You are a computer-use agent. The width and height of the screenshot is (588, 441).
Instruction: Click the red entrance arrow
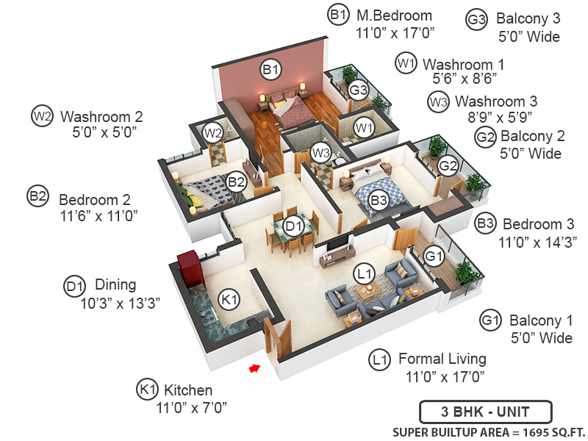coord(254,367)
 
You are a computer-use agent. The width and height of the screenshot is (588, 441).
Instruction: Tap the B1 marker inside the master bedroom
coord(271,70)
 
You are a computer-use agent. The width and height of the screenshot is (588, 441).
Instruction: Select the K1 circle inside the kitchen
coord(230,299)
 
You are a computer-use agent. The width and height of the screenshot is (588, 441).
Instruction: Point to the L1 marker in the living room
coord(364,274)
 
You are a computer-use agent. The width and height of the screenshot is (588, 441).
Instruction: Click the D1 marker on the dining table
coord(294,226)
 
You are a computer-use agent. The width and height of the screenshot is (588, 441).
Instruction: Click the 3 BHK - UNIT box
coord(484,412)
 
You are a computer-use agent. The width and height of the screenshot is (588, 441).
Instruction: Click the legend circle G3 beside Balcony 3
coord(476,20)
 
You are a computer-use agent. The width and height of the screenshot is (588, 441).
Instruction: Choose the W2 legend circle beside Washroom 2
coord(42,115)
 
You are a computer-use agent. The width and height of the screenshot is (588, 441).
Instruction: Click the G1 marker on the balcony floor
coord(434,257)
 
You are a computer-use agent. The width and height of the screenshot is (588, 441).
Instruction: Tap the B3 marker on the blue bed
coord(379,199)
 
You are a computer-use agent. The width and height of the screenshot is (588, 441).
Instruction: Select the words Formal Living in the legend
coord(442,359)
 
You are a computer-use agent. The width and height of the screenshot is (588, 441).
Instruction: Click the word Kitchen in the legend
coord(187,390)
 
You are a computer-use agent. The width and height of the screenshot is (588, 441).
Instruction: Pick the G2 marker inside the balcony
coord(448,167)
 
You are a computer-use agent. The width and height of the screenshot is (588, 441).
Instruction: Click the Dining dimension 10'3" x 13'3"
coord(121,301)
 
